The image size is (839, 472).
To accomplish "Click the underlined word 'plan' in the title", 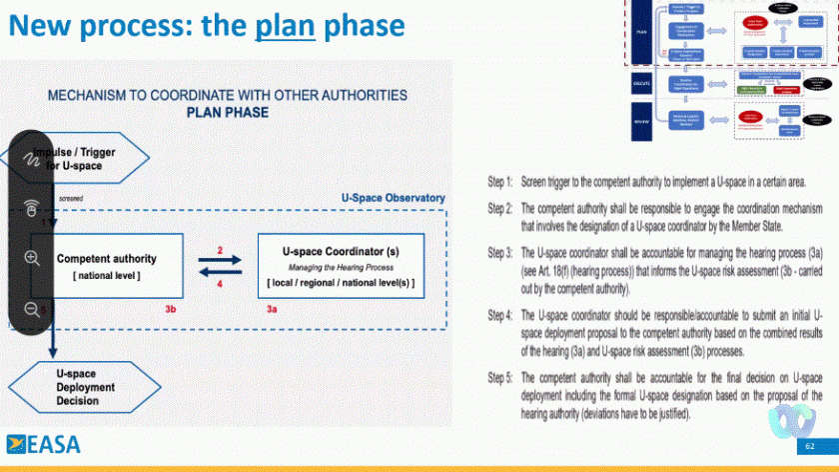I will pos(285,25).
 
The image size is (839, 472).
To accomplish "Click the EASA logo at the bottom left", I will pos(44,445).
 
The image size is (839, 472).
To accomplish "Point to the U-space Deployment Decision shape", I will pos(79,387).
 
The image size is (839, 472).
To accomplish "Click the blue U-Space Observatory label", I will pos(393,199).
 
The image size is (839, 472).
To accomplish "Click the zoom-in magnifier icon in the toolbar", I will pos(31,258).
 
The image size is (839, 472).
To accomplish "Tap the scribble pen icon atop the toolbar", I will pos(31,158).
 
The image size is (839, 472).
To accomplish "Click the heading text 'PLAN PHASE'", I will pos(228,113).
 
